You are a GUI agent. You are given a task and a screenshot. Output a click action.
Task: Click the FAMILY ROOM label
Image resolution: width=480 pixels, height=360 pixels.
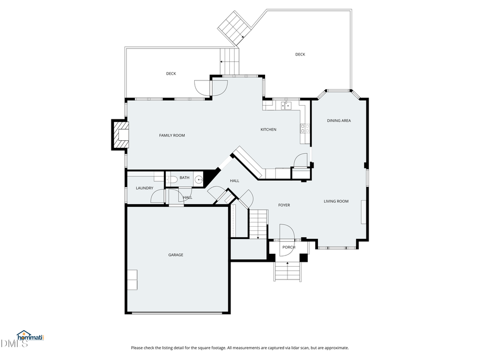point(172,135)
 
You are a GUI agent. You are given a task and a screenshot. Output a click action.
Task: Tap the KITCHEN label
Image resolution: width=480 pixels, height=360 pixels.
point(268,130)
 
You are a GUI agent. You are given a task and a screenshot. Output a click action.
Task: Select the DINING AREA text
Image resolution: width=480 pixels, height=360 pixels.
point(339,121)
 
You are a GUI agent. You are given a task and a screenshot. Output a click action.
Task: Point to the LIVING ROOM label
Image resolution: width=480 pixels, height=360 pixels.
point(336,201)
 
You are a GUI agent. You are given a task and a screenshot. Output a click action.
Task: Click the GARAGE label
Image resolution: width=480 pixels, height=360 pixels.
point(175,255)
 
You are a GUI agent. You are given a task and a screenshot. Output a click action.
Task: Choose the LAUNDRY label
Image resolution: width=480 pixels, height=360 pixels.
point(144,188)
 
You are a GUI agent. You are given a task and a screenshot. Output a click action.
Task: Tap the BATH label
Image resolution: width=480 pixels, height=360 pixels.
point(184,178)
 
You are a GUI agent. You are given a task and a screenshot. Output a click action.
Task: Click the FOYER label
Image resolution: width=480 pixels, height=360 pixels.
point(284,205)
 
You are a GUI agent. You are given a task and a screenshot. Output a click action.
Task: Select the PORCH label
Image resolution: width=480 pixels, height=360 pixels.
point(289,247)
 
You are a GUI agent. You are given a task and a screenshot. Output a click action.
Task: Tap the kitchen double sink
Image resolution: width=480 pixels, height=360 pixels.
point(286,106)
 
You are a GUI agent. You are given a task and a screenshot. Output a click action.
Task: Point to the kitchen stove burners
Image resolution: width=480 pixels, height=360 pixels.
point(306,129)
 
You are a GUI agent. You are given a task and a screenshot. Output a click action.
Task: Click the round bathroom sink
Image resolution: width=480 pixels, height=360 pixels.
point(198,180)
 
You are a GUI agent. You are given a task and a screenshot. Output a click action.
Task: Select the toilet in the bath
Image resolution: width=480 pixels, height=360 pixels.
point(172,180)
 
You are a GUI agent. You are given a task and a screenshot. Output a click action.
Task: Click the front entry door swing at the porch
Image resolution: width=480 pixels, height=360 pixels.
point(286,233)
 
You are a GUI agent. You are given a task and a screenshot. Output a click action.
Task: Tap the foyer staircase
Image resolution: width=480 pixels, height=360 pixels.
point(259,223)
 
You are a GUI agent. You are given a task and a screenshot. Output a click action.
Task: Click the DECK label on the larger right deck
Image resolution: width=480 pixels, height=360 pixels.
point(300,54)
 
